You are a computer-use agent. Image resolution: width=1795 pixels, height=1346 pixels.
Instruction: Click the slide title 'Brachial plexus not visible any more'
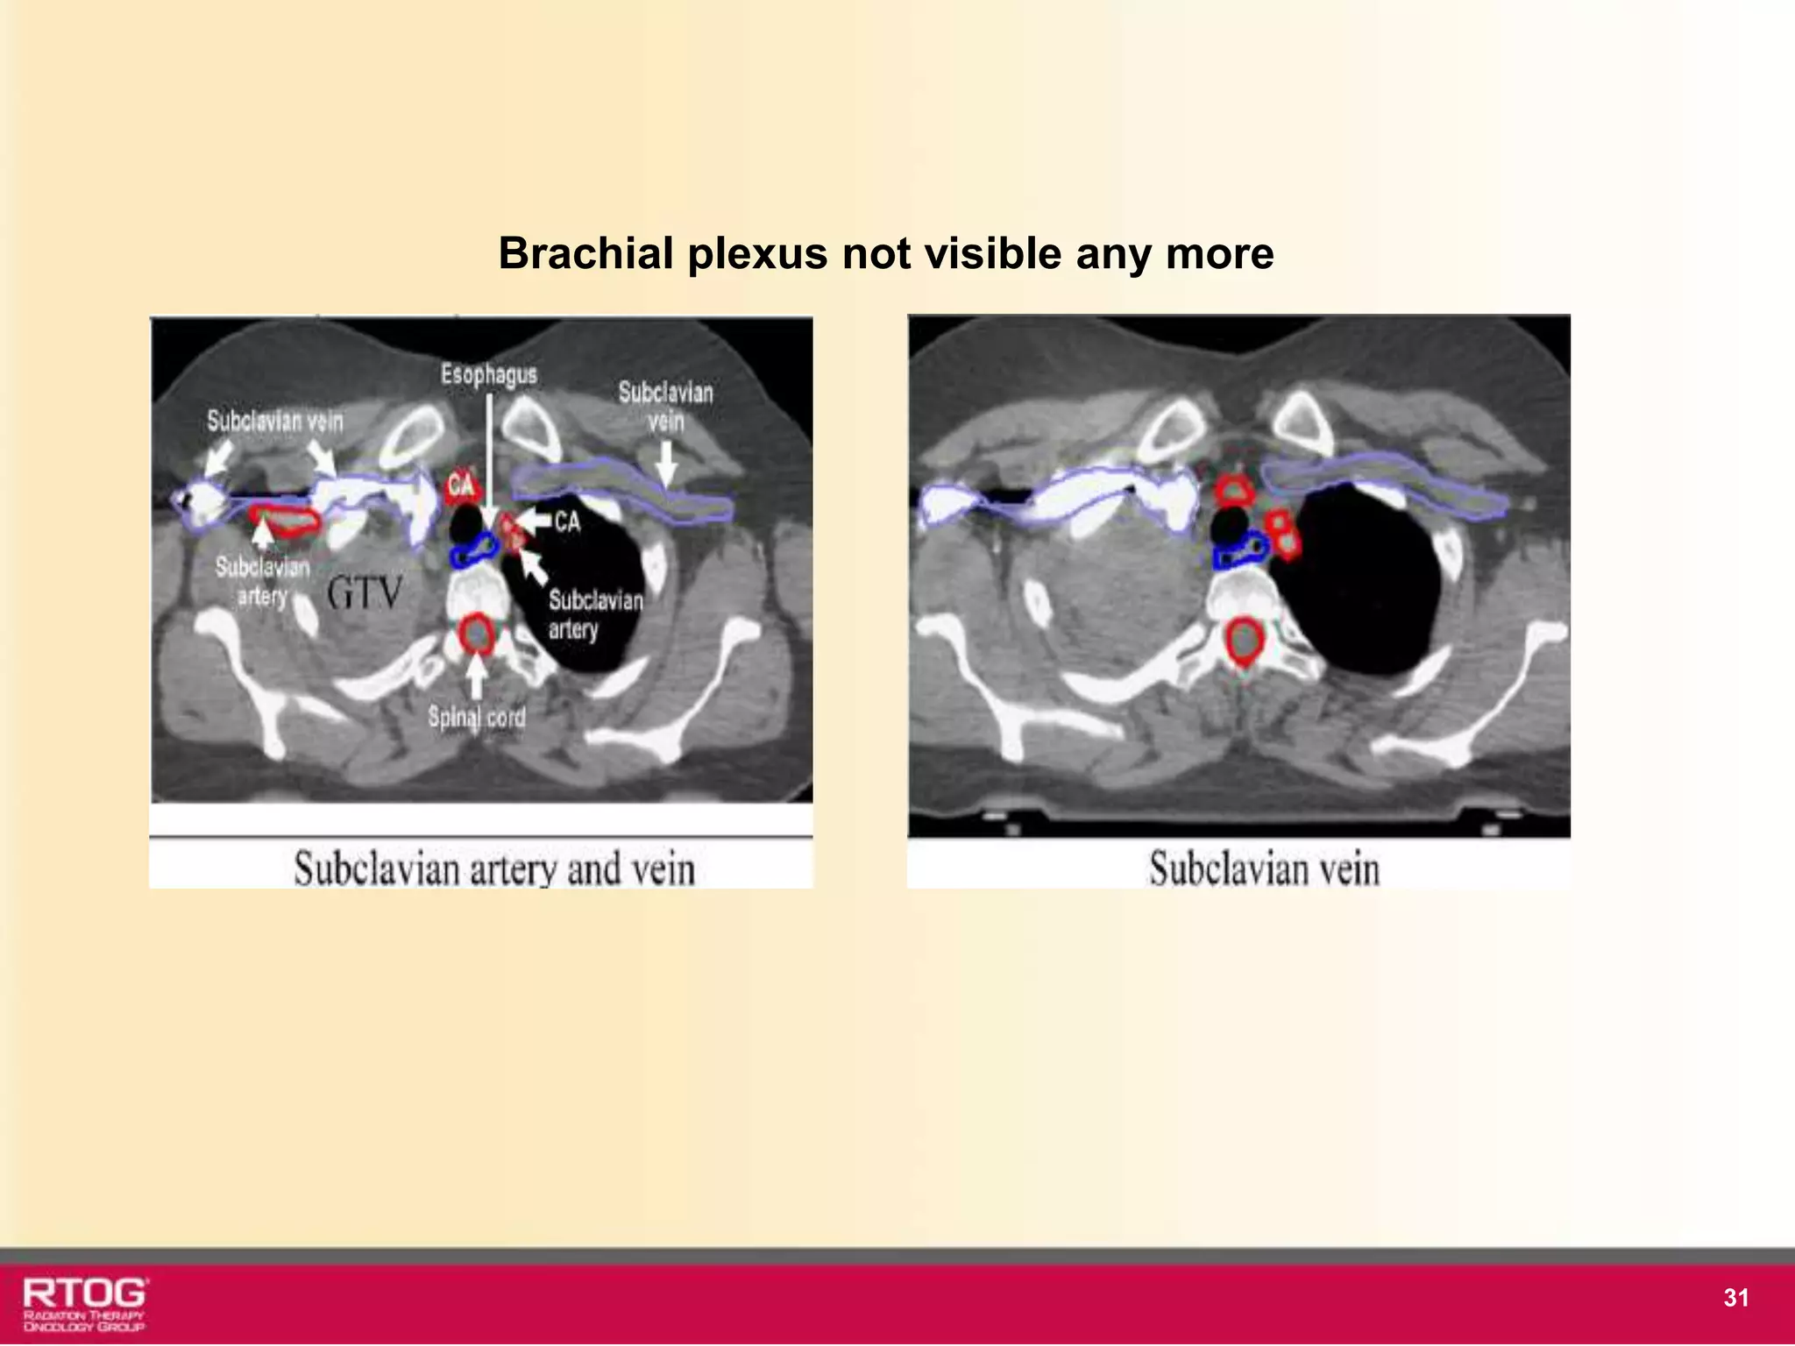coord(885,254)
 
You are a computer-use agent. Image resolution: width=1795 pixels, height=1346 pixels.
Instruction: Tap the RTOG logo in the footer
coord(85,1303)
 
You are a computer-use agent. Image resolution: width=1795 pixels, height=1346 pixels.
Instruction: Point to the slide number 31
coord(1735,1298)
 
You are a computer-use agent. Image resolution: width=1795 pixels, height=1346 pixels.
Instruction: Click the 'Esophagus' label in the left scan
coord(488,375)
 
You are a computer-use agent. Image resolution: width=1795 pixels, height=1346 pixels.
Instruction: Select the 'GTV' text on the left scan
coord(365,594)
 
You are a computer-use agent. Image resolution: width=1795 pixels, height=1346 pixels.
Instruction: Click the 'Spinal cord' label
coord(477,718)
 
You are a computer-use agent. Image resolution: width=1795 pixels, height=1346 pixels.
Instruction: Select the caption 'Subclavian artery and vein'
coord(494,869)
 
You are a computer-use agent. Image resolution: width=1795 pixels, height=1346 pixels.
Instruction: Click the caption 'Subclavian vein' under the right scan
coord(1264,869)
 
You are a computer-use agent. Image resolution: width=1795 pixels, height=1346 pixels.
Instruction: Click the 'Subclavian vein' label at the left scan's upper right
coord(665,407)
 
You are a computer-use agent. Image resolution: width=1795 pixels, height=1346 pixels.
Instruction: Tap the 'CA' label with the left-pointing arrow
coord(566,522)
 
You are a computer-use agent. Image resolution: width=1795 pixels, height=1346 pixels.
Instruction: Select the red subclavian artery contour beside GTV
coord(285,521)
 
